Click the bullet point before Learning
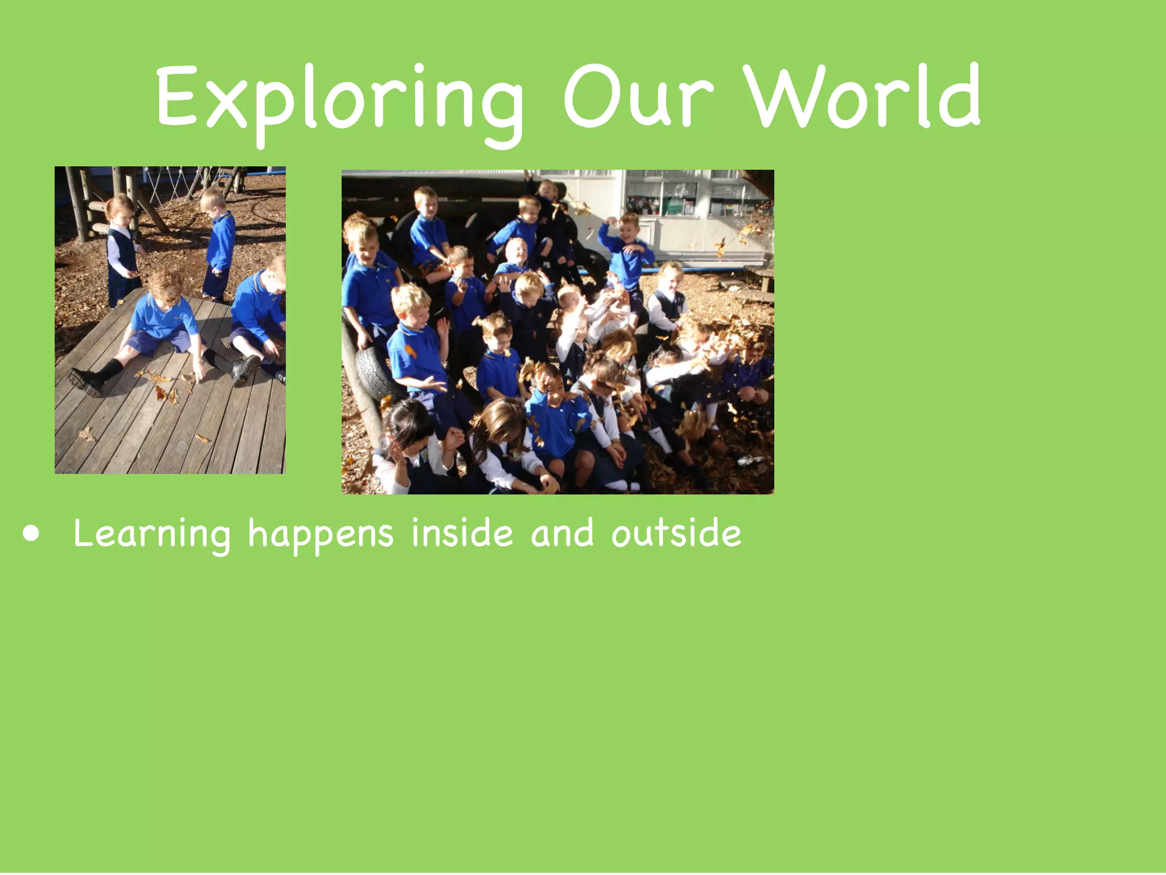32,534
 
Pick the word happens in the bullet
321,534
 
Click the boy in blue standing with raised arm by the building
626,251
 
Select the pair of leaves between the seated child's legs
166,393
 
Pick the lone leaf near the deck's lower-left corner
86,434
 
